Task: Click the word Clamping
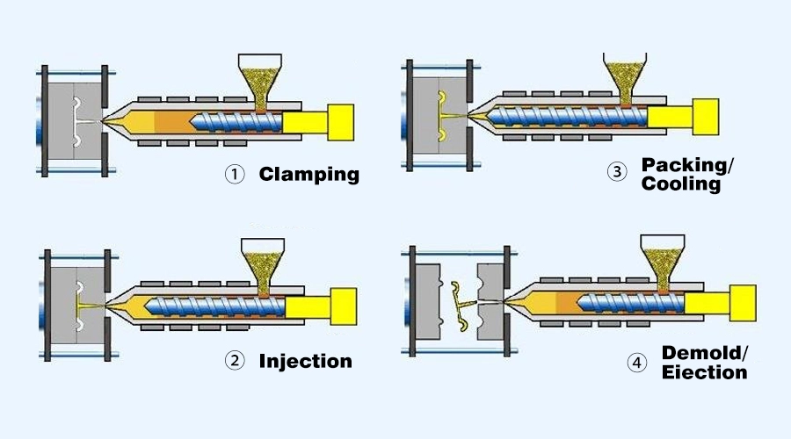tap(308, 174)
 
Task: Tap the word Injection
tap(305, 361)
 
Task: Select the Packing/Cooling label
tap(681, 174)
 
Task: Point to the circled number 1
tap(234, 174)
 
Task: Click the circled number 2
tap(234, 361)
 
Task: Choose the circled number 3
tap(617, 172)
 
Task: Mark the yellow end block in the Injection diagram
tap(344, 306)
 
